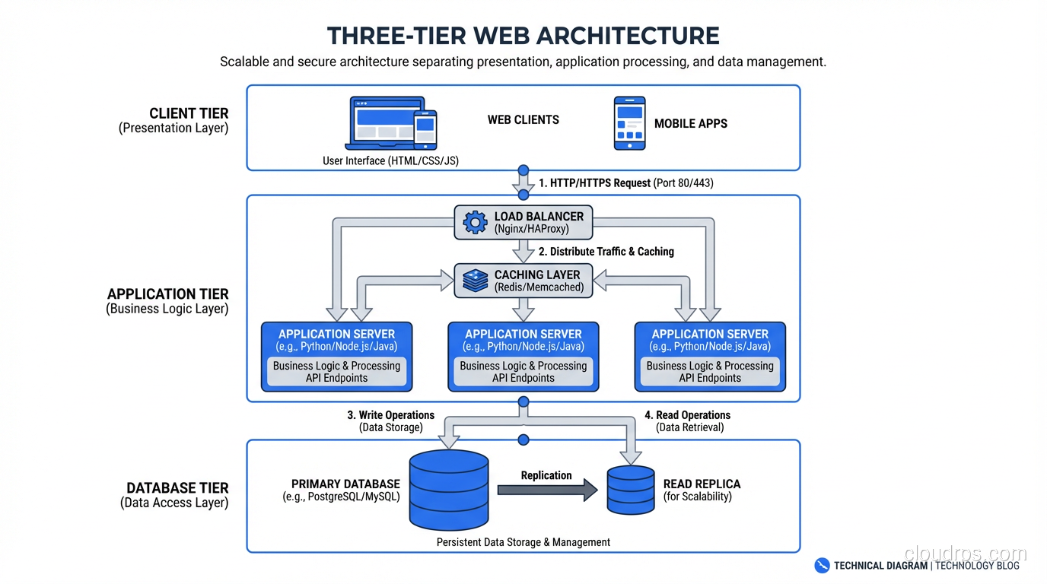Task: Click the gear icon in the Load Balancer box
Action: click(x=476, y=222)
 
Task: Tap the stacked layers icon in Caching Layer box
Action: click(x=476, y=281)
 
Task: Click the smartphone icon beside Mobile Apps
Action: click(x=629, y=123)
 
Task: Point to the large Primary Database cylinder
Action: click(x=449, y=490)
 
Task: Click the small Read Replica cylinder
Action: click(x=631, y=490)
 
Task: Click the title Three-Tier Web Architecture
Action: click(x=523, y=36)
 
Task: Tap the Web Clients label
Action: click(x=523, y=119)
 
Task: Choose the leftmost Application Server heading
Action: click(x=336, y=334)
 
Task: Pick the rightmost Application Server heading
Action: click(x=710, y=334)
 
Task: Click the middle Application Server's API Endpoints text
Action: click(x=523, y=378)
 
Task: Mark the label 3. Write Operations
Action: click(x=391, y=415)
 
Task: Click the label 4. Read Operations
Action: click(x=688, y=415)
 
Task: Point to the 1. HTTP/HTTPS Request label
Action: click(x=595, y=183)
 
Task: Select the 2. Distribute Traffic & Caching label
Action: click(x=606, y=252)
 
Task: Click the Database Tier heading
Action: click(x=177, y=488)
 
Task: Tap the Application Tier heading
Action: click(x=168, y=294)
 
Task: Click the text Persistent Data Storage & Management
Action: click(x=523, y=542)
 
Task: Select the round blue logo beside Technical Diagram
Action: click(x=822, y=565)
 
